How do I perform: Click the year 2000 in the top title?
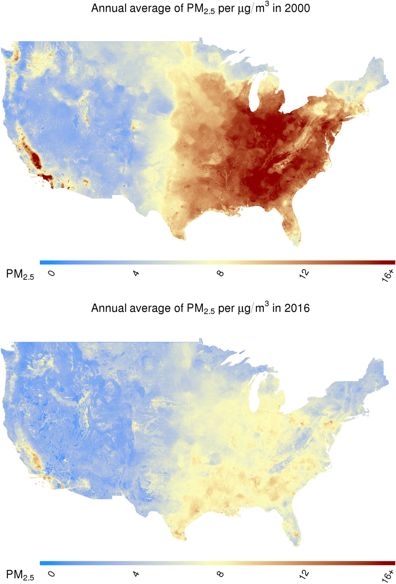[297, 8]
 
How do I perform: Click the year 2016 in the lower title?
[297, 308]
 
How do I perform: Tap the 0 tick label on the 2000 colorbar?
[52, 273]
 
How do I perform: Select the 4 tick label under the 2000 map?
[136, 273]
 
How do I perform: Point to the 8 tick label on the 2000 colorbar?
[221, 273]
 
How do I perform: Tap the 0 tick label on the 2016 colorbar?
[52, 574]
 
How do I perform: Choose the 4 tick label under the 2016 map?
[136, 574]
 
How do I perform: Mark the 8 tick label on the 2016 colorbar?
[221, 574]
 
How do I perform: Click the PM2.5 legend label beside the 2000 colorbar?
[20, 275]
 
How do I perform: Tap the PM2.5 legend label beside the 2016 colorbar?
[20, 575]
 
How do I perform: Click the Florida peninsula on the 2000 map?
[292, 227]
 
